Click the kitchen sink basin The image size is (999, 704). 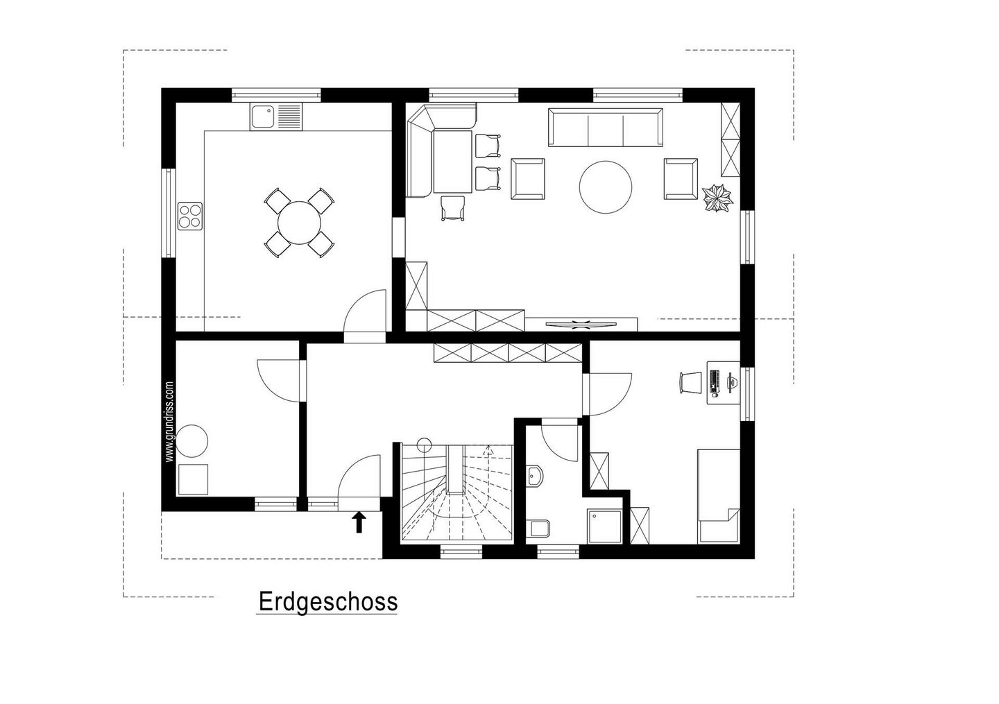[262, 117]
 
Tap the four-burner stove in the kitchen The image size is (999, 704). [190, 216]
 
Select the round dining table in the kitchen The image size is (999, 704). [299, 223]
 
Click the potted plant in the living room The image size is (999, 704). [717, 198]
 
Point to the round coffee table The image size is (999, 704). [606, 187]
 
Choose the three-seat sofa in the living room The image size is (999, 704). [606, 127]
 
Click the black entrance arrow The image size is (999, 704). [359, 522]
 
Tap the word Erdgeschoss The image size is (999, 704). [327, 601]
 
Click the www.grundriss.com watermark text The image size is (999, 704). [169, 421]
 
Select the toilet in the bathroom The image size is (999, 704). [538, 529]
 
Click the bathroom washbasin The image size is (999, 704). [534, 477]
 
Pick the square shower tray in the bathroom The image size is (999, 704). [604, 526]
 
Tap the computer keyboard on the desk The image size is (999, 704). [715, 382]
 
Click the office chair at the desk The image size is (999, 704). [689, 383]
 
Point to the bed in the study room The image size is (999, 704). [719, 497]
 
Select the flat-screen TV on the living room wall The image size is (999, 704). [581, 324]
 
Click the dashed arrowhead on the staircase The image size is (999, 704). [489, 449]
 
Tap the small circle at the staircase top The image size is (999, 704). [424, 445]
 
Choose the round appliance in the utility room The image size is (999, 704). [193, 440]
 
